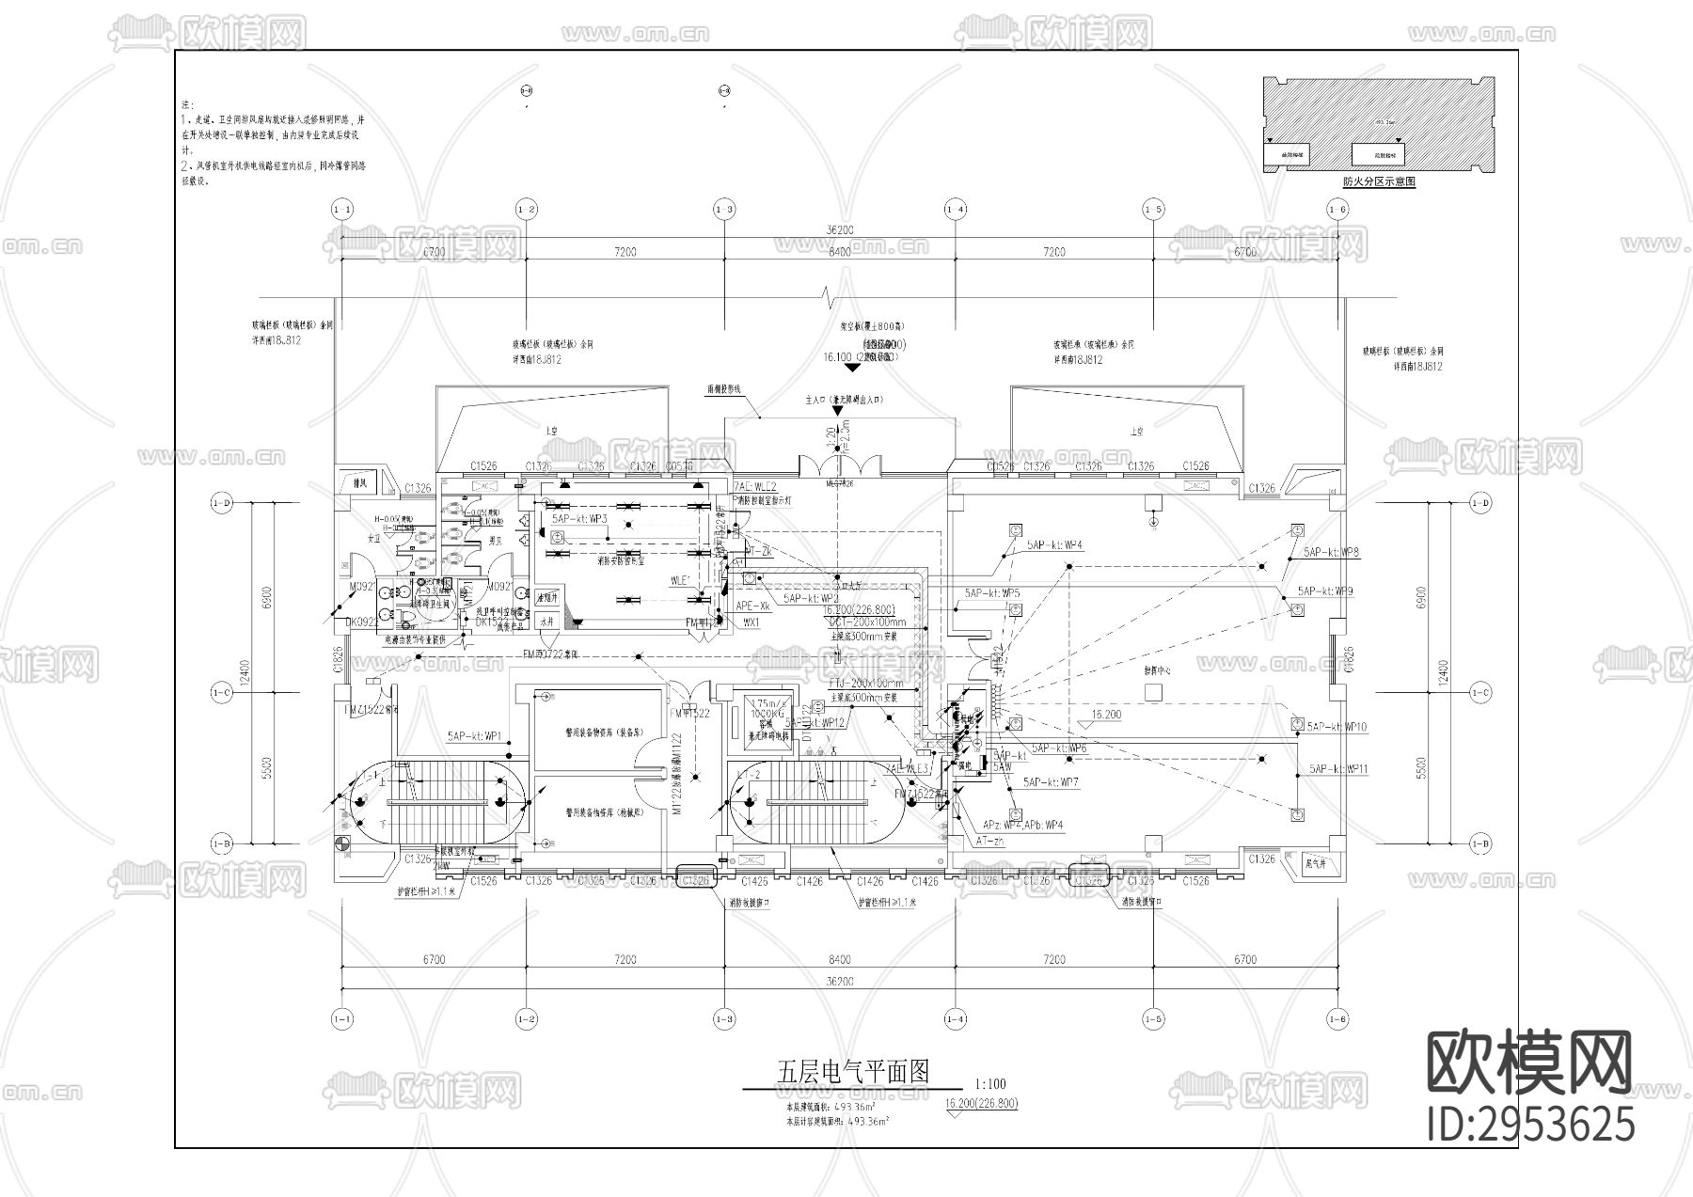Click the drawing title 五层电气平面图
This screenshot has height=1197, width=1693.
[x=852, y=1071]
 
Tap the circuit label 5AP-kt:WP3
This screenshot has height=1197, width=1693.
[x=579, y=519]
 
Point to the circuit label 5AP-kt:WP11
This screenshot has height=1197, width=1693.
[x=1338, y=769]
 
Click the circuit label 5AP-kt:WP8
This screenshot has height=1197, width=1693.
[x=1331, y=553]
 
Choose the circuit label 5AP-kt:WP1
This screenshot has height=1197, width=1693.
[x=475, y=735]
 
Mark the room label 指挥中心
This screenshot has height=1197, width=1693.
[x=1157, y=672]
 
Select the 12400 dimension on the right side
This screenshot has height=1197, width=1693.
[x=1444, y=672]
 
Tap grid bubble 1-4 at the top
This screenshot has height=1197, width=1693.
[x=955, y=209]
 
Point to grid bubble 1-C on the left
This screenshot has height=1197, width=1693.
[x=221, y=693]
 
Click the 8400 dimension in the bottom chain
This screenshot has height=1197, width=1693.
[x=840, y=960]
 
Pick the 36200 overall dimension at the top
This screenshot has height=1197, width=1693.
[x=840, y=230]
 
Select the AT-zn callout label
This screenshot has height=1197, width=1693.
[x=989, y=842]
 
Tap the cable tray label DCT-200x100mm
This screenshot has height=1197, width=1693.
[x=867, y=622]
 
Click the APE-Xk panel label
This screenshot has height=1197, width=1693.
[x=752, y=606]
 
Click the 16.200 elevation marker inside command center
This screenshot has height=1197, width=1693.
[x=1106, y=715]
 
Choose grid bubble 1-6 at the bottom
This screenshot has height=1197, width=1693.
[x=1337, y=1019]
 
